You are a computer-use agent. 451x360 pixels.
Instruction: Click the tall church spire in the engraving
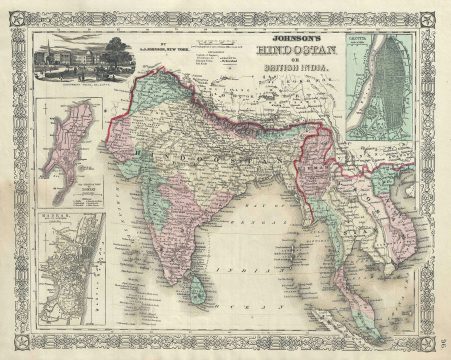pos(53,49)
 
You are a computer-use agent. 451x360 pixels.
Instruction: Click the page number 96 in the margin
pos(441,322)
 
